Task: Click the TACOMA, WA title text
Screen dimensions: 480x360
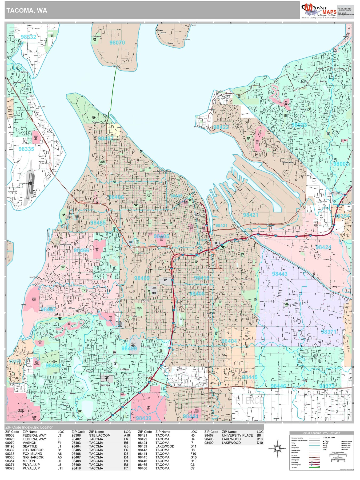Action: pyautogui.click(x=27, y=11)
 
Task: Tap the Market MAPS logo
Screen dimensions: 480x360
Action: pyautogui.click(x=319, y=11)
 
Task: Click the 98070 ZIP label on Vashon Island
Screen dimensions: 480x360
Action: pyautogui.click(x=117, y=43)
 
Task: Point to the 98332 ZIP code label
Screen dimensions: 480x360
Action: pyautogui.click(x=28, y=37)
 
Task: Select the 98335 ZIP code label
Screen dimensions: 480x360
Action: pyautogui.click(x=26, y=149)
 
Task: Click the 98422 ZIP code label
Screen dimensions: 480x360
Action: pyautogui.click(x=221, y=127)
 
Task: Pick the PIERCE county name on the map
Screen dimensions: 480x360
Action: pyautogui.click(x=249, y=401)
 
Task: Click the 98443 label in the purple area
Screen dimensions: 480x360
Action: pyautogui.click(x=279, y=274)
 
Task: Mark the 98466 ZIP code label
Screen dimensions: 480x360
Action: pyautogui.click(x=81, y=250)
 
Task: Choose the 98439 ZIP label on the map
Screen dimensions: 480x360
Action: pyautogui.click(x=143, y=418)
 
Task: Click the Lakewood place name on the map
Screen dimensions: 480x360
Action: pyautogui.click(x=125, y=370)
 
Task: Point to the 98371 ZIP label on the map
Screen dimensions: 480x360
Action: pyautogui.click(x=329, y=332)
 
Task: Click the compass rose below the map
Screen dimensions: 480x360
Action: pyautogui.click(x=278, y=448)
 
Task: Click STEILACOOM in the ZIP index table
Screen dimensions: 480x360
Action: pyautogui.click(x=100, y=435)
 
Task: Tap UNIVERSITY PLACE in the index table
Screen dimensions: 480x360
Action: pyautogui.click(x=237, y=435)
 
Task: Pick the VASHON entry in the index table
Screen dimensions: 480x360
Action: pyautogui.click(x=30, y=443)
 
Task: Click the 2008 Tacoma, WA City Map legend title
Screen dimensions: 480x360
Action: pyautogui.click(x=321, y=433)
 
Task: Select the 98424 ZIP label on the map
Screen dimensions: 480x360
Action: pyautogui.click(x=323, y=247)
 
